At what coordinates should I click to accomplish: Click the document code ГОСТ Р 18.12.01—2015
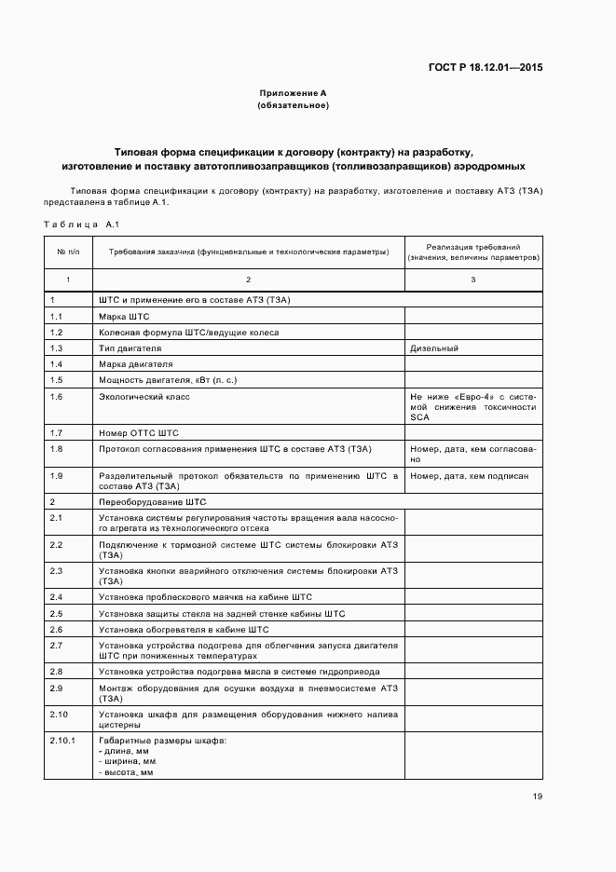tap(485, 67)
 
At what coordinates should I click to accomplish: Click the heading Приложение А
tap(293, 93)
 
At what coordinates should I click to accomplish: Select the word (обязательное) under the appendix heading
tap(293, 105)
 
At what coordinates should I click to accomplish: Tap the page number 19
tap(538, 796)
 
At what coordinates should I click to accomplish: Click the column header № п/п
tap(68, 252)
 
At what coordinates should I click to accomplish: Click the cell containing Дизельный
tap(433, 347)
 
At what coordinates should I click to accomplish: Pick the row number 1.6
tap(56, 396)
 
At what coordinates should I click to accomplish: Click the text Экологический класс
tap(144, 396)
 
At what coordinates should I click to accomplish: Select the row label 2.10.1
tap(62, 740)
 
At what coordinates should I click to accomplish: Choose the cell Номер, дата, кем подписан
tap(469, 475)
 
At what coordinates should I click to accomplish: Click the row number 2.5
tap(56, 613)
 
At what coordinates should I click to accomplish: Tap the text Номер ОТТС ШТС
tap(138, 432)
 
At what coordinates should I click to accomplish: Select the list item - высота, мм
tap(126, 772)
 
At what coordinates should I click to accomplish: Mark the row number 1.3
tap(56, 347)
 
